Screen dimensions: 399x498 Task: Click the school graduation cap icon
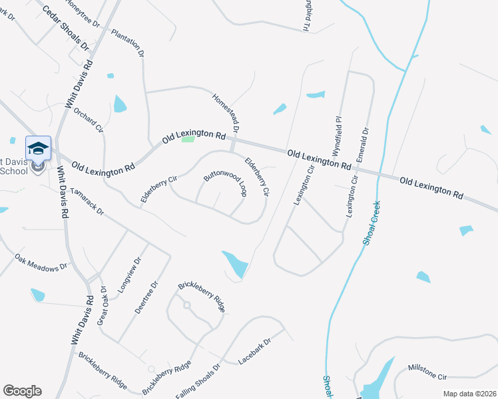pos(38,148)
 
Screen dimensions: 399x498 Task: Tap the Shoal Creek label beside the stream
pos(370,223)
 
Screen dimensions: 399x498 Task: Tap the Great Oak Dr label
pos(103,307)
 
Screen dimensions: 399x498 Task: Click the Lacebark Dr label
pos(255,352)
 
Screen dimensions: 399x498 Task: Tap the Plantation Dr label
pos(127,42)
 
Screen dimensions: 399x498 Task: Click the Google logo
pos(22,391)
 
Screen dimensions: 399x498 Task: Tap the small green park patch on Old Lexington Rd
pos(188,139)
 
